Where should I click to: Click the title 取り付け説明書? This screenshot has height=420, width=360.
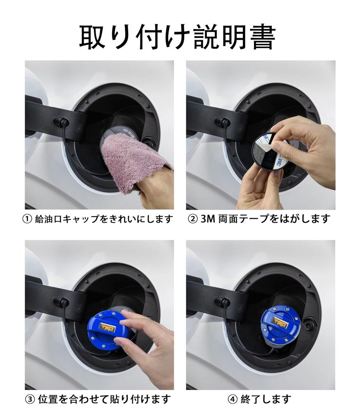pos(177,37)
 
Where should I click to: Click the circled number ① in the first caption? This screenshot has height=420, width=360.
pos(27,219)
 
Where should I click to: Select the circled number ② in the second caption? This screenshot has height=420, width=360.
pos(193,219)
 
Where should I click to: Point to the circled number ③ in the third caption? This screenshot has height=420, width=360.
pos(30,399)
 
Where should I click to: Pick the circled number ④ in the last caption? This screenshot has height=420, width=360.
pos(232,399)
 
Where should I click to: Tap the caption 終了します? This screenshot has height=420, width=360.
pos(266,399)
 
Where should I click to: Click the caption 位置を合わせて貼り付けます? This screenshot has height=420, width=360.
pos(104,399)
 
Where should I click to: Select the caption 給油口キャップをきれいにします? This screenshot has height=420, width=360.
pos(104,219)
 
